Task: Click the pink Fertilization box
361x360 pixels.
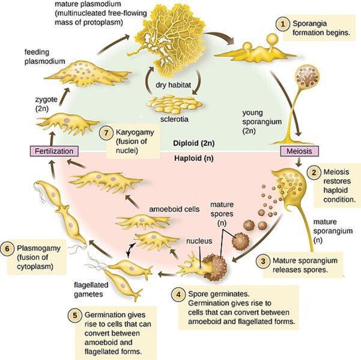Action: (54, 151)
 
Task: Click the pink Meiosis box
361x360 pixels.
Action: (299, 151)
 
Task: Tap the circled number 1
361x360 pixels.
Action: (283, 23)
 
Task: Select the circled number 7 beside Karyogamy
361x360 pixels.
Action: (106, 133)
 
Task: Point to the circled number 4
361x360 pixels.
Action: (178, 294)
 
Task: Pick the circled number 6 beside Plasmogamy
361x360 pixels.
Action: (7, 248)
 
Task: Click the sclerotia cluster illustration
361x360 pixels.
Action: (174, 105)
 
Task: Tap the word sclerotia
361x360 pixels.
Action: (174, 119)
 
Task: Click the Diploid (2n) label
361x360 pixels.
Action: (193, 143)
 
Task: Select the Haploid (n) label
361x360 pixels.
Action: (193, 158)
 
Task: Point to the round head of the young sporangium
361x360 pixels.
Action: (308, 77)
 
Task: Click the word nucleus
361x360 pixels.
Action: (199, 241)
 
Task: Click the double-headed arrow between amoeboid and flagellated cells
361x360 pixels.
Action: (131, 251)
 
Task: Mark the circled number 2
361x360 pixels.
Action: (314, 172)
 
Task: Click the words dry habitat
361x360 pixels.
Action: (174, 85)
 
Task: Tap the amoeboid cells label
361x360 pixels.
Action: (174, 209)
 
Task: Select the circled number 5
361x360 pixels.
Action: (75, 315)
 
